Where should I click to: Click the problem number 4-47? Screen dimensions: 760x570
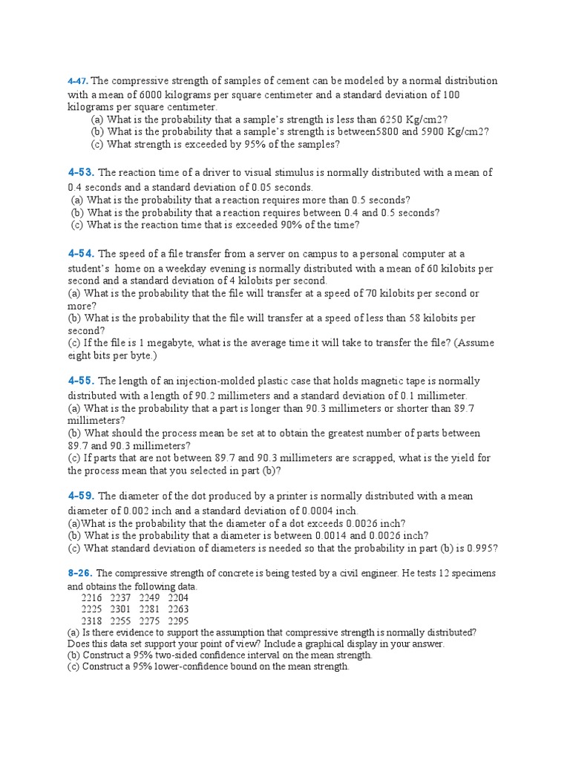(77, 80)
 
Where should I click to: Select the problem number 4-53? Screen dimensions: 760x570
(81, 173)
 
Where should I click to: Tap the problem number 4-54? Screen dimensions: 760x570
(81, 254)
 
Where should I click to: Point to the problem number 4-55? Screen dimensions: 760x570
(81, 381)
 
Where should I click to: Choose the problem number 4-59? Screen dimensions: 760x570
(81, 496)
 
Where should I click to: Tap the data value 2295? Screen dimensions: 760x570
(178, 621)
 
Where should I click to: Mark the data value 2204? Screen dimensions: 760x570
(178, 597)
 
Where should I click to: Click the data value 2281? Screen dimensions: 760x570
(150, 609)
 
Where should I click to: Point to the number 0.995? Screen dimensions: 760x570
(481, 548)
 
